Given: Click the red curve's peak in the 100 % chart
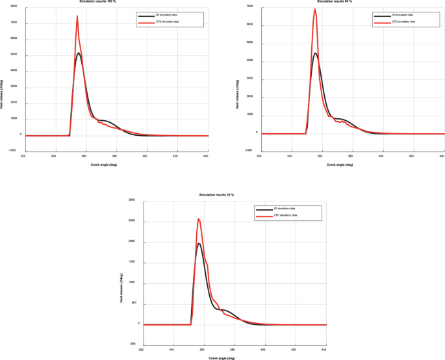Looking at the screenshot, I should click(x=77, y=16).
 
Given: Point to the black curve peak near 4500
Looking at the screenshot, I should click(x=315, y=53).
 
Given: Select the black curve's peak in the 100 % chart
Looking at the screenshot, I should click(x=78, y=53).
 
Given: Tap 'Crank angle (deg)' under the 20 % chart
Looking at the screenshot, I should click(x=222, y=358).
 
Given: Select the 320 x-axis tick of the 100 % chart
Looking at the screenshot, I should click(x=23, y=157).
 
